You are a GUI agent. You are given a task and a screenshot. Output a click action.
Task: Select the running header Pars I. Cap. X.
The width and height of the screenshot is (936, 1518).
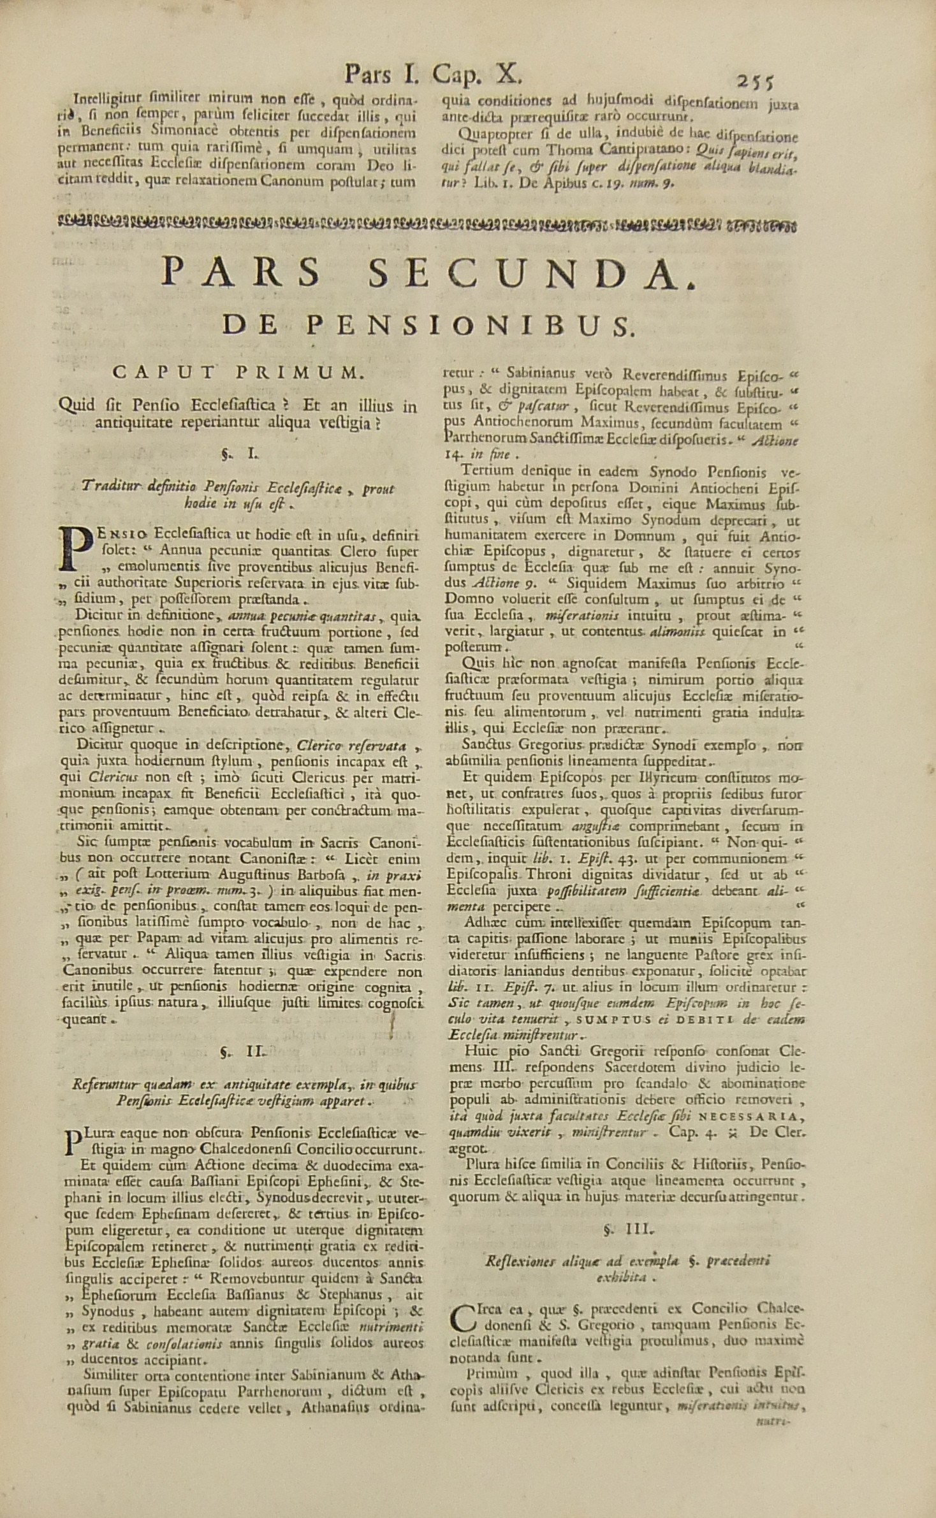coord(434,76)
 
